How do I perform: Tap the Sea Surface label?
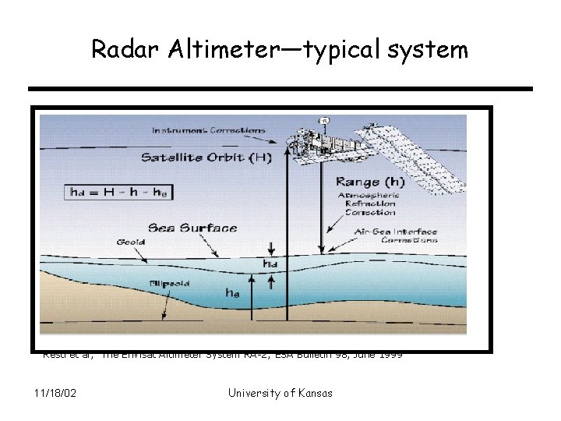point(192,228)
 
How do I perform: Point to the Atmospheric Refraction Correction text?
point(366,203)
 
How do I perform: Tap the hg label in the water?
point(233,294)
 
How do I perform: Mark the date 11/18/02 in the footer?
point(55,392)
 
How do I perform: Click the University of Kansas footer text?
point(280,392)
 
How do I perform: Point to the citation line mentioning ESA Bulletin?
point(222,355)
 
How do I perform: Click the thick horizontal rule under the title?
point(280,89)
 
